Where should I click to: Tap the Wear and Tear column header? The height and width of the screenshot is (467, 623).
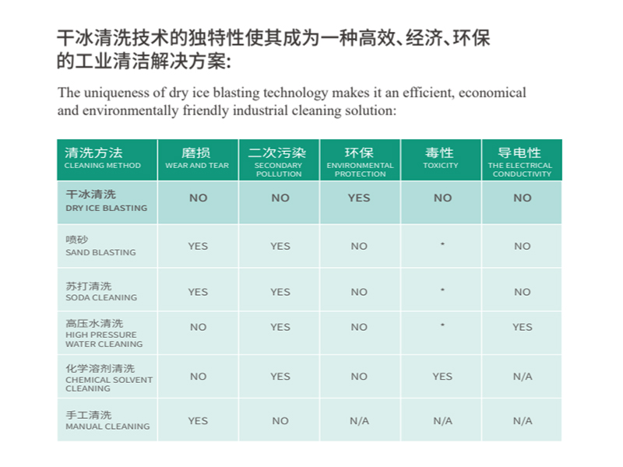197,158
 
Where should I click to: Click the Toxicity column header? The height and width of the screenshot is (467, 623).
440,158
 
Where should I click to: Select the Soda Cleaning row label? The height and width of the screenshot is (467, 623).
100,291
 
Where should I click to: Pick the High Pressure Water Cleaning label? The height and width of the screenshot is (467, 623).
104,332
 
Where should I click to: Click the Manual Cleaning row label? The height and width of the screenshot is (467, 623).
107,420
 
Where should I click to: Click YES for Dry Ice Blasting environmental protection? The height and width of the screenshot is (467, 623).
359,198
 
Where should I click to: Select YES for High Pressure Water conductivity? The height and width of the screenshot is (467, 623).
522,327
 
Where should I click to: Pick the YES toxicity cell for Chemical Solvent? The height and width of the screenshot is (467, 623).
442,376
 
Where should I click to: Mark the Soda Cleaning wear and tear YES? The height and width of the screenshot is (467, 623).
198,292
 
